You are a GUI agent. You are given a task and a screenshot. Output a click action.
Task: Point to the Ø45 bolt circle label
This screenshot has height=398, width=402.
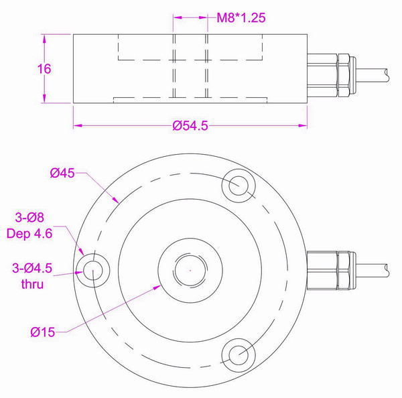tap(62, 174)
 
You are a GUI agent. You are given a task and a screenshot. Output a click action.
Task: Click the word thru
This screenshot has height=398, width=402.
tap(31, 285)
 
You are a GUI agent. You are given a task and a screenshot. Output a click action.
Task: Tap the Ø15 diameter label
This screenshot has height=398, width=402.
tap(42, 332)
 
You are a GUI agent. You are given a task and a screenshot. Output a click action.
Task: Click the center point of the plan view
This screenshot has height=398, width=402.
tap(190, 270)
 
